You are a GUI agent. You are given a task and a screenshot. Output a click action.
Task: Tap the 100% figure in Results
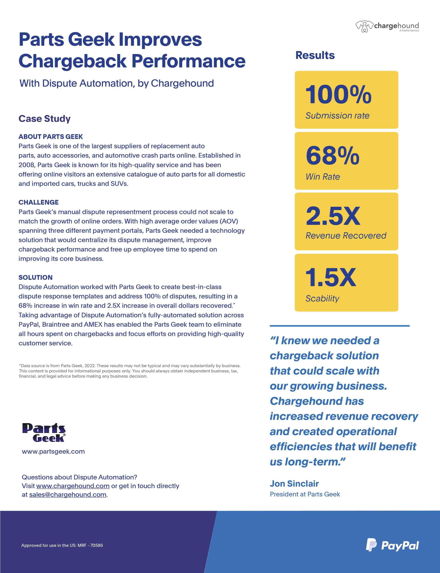pyautogui.click(x=338, y=95)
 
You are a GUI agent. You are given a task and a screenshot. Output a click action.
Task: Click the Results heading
pyautogui.click(x=315, y=55)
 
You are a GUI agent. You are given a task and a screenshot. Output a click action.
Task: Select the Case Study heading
pyautogui.click(x=45, y=119)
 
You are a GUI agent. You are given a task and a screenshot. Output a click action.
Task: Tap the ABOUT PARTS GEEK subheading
pyautogui.click(x=51, y=136)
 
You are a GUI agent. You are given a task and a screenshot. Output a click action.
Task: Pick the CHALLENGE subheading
pyautogui.click(x=38, y=202)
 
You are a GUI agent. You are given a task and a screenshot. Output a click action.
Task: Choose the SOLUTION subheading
pyautogui.click(x=35, y=277)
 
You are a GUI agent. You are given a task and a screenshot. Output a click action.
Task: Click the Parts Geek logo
pyautogui.click(x=44, y=433)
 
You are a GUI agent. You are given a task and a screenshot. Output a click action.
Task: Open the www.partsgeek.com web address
pyautogui.click(x=53, y=451)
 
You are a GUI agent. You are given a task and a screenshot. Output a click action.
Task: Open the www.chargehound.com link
pyautogui.click(x=73, y=486)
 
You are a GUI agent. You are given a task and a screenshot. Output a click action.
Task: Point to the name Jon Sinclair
pyautogui.click(x=294, y=483)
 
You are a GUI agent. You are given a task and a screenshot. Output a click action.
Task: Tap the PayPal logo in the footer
pyautogui.click(x=392, y=545)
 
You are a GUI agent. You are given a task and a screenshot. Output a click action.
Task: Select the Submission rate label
pyautogui.click(x=337, y=116)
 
